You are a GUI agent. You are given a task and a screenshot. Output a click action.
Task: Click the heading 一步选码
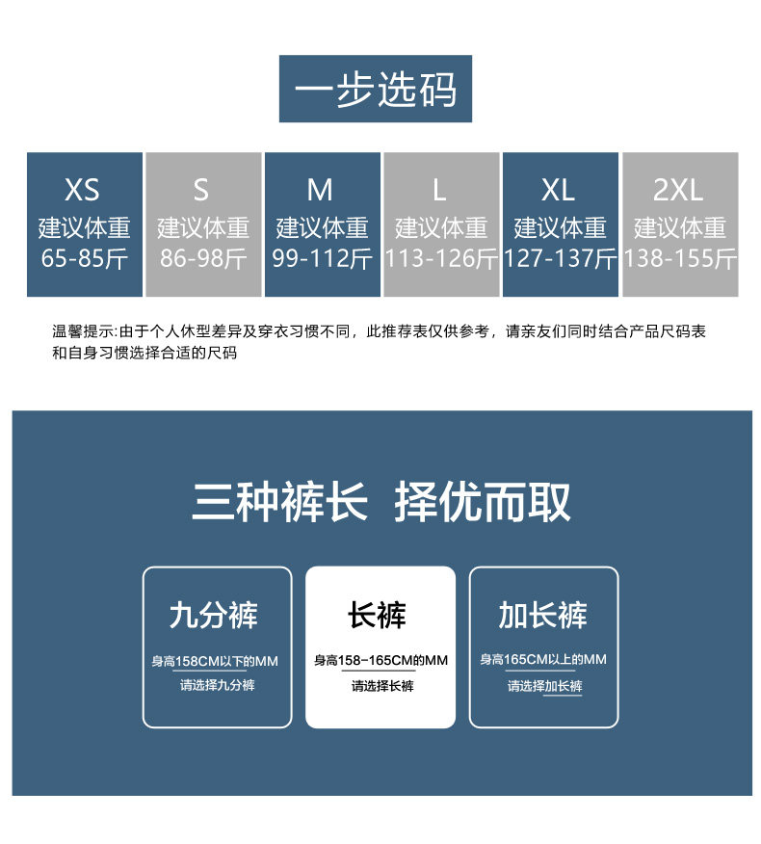376,90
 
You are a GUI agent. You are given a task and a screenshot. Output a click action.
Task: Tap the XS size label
83,190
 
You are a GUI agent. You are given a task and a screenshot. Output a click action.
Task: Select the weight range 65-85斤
84,258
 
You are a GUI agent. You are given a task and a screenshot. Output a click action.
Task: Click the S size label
201,190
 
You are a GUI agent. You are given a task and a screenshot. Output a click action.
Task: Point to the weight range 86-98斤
203,258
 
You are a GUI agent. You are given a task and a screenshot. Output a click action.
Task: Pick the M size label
321,190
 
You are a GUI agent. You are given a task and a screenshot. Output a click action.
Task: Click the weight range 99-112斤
322,258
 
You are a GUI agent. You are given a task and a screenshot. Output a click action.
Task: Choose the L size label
440,190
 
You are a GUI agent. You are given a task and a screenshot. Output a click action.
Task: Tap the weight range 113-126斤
441,258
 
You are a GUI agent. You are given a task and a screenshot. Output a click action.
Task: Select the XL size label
559,190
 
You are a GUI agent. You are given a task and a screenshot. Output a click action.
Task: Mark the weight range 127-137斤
560,258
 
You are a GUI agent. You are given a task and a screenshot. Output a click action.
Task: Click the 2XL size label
678,190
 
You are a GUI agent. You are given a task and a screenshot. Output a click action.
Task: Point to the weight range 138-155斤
679,258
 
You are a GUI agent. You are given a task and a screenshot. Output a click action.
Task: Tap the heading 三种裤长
280,502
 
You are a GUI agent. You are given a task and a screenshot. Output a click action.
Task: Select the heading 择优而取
483,502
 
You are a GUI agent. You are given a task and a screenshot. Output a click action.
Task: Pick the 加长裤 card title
542,615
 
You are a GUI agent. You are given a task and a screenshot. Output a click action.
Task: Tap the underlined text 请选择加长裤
545,686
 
